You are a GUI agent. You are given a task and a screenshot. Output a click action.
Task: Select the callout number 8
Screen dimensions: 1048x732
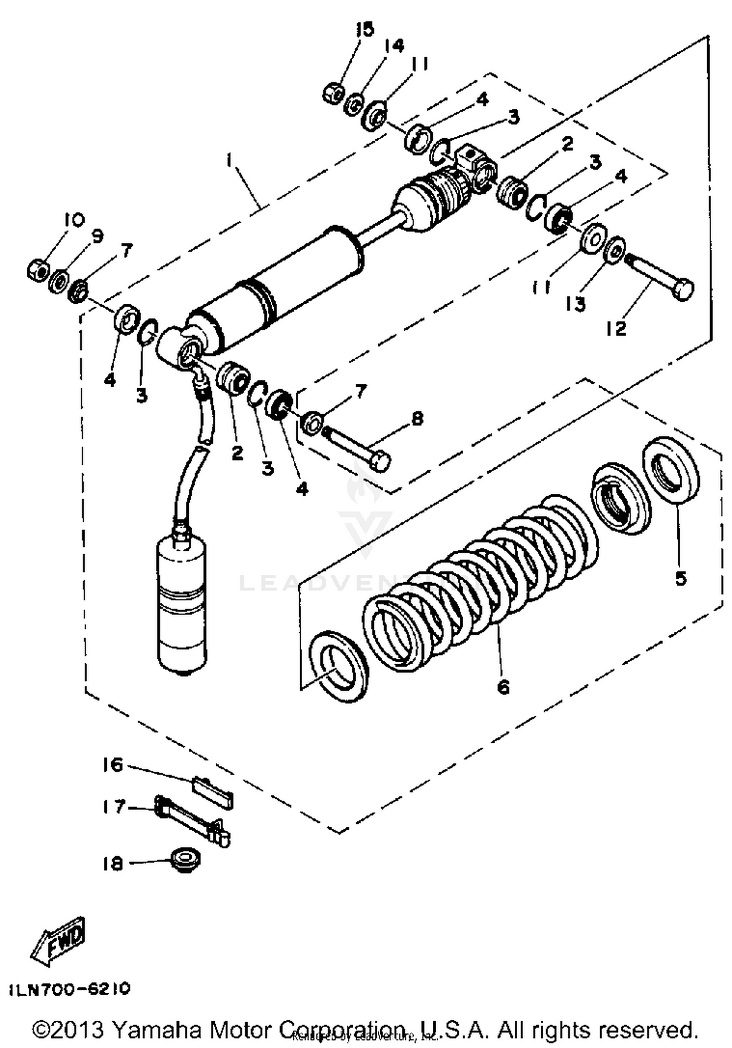coord(417,419)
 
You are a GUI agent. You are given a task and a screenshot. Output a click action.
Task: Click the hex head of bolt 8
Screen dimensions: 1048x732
coord(380,461)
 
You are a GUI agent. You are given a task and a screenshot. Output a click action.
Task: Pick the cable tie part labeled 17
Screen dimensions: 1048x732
coord(193,819)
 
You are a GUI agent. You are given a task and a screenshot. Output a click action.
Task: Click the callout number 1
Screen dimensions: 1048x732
coord(229,161)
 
